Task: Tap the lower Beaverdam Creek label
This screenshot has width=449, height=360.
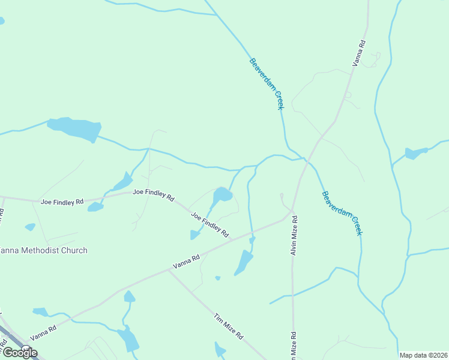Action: tap(342, 213)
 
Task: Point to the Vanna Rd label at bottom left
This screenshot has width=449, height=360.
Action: tap(43, 333)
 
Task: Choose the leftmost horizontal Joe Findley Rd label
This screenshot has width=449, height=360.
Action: tap(62, 202)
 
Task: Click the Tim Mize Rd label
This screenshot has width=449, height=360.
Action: tap(229, 326)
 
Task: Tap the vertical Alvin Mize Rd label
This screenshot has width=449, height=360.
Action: tap(294, 235)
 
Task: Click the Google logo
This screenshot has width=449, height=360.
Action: tap(19, 352)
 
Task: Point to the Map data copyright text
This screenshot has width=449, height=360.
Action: tap(423, 355)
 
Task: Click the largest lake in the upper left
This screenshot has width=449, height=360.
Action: tap(75, 128)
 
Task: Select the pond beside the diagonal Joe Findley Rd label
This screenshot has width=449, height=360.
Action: tap(222, 195)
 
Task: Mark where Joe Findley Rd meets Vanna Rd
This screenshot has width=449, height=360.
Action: tap(232, 239)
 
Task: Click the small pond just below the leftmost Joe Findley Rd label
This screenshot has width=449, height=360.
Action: tap(95, 208)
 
